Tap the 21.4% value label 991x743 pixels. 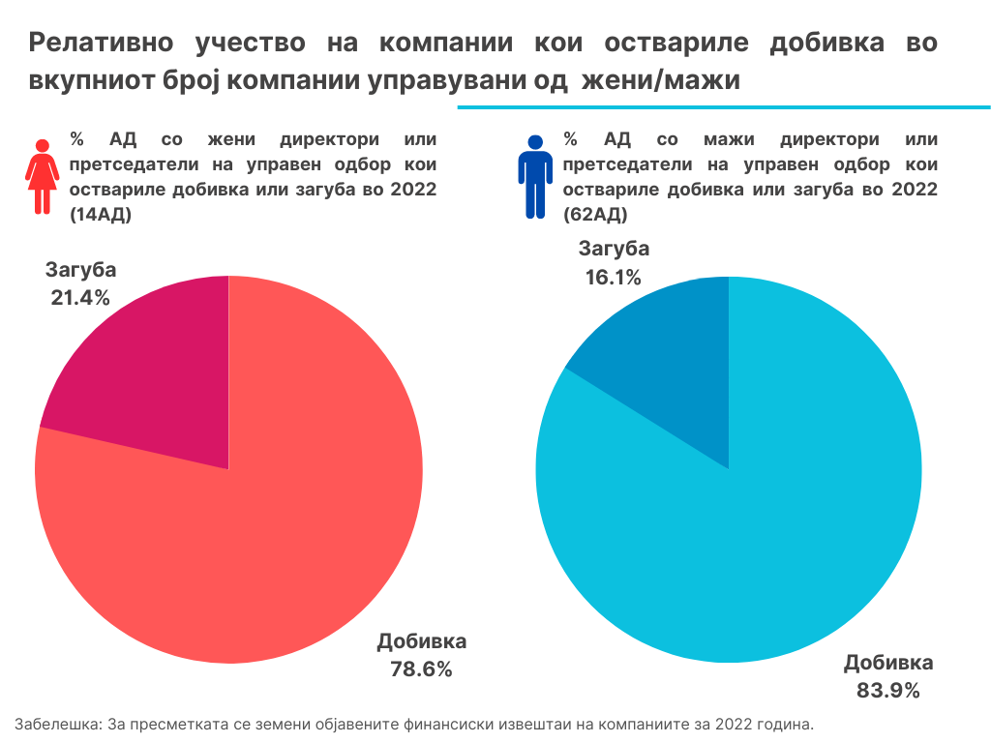pos(80,297)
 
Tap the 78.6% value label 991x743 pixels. pos(422,669)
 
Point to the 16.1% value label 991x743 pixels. pos(613,278)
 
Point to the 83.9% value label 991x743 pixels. pos(887,691)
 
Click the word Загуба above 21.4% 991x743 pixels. pos(80,270)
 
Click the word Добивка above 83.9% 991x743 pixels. pos(888,664)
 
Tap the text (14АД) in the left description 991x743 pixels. pos(101,216)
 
